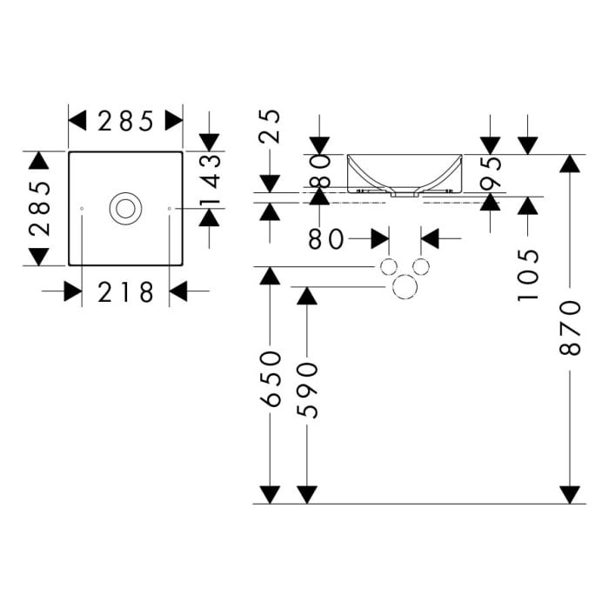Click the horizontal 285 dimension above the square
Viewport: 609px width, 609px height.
tap(125, 121)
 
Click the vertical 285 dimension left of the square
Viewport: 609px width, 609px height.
tap(37, 209)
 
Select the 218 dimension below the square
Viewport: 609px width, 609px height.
tap(125, 292)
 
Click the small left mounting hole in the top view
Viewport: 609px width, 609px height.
tap(81, 209)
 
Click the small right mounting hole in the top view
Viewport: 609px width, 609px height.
tap(169, 209)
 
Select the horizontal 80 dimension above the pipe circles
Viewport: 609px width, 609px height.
tap(326, 238)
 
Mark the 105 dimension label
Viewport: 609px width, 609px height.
tap(527, 274)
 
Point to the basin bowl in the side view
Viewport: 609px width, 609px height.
tap(405, 172)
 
